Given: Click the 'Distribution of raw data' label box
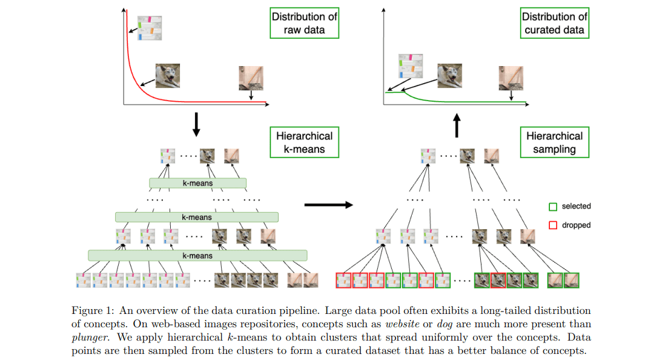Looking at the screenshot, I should (x=304, y=23).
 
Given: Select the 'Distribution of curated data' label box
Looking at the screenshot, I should (x=554, y=23).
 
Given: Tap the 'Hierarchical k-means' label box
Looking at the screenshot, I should (x=304, y=142).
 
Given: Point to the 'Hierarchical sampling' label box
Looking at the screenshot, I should (x=554, y=142).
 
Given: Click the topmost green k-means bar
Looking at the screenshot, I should (x=197, y=183).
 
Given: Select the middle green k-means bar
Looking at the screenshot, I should (x=197, y=217).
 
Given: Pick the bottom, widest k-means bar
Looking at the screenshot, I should (x=197, y=256).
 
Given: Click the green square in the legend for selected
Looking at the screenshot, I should (x=552, y=207).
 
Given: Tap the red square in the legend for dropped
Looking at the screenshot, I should (x=552, y=225).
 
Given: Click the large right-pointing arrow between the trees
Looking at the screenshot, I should (x=328, y=205).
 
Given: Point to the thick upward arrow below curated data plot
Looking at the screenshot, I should (x=457, y=126).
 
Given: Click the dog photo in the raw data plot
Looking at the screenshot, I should (x=167, y=76).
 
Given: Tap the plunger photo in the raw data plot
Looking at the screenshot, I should (x=251, y=78).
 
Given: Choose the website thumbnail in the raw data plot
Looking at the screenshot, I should (x=150, y=28).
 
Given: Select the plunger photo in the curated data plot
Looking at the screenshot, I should (x=511, y=78).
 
